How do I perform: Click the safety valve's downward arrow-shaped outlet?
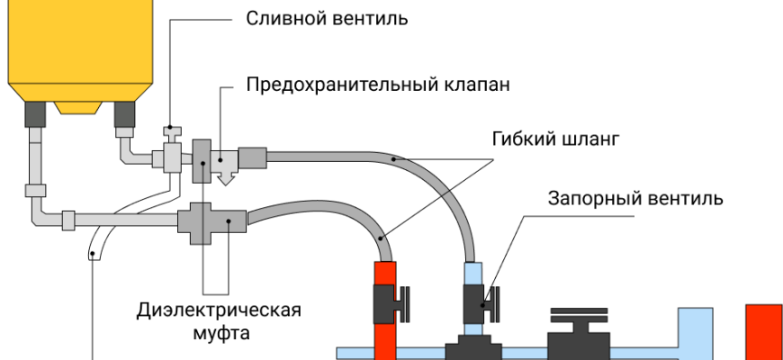pos(226,177)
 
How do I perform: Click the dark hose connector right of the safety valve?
pos(253,158)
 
